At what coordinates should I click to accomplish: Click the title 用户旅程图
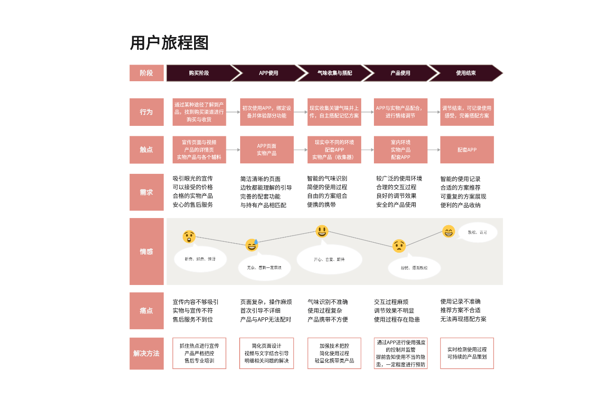pos(169,43)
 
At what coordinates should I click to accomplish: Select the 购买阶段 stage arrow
pos(200,73)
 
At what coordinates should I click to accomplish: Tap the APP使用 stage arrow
pos(269,73)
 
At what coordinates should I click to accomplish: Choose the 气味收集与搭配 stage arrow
pos(335,73)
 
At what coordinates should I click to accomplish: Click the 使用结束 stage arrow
pos(466,73)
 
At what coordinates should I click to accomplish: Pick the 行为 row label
pos(146,112)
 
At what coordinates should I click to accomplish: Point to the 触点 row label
pos(146,150)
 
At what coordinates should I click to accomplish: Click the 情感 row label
pos(146,251)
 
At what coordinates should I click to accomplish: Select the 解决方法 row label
pos(146,353)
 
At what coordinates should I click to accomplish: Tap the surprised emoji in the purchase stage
pos(189,237)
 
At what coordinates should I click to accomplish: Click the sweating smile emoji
pos(252,245)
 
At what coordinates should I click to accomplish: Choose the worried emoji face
pos(399,246)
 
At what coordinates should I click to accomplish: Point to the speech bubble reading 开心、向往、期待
pos(329,259)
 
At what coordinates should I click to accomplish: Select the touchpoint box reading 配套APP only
pos(467,150)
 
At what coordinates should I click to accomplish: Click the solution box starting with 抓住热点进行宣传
pos(199,353)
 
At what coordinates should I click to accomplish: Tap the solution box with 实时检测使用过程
pos(467,353)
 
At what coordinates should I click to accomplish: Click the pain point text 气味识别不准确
pos(327,302)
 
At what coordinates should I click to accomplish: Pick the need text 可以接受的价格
pos(193,187)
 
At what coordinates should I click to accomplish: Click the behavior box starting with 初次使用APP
pos(267,112)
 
